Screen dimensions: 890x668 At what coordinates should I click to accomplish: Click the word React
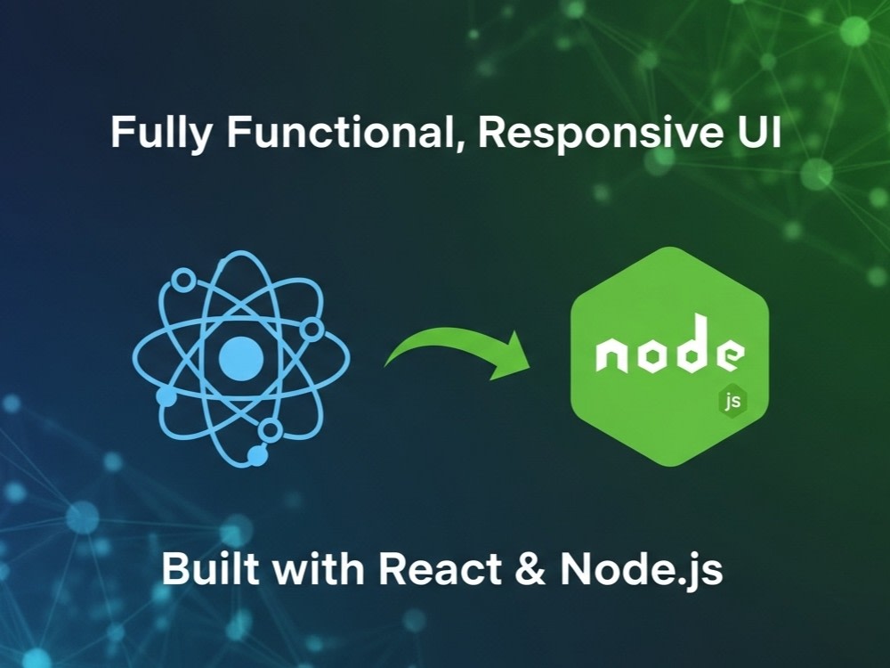coord(441,568)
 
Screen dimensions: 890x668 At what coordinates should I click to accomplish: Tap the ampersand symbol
coord(530,568)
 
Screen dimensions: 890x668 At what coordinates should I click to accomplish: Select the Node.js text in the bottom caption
coord(642,569)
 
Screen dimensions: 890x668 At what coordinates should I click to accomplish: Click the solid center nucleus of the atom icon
coord(241,358)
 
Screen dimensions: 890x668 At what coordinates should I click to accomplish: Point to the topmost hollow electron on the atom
coord(183,280)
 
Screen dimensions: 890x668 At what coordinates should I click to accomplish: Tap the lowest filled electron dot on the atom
coord(258,455)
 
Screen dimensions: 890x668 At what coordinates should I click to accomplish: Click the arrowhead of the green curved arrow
coord(512,357)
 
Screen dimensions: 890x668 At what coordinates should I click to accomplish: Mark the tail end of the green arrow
coord(387,363)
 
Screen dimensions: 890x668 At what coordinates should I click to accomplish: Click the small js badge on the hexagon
coord(732,402)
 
